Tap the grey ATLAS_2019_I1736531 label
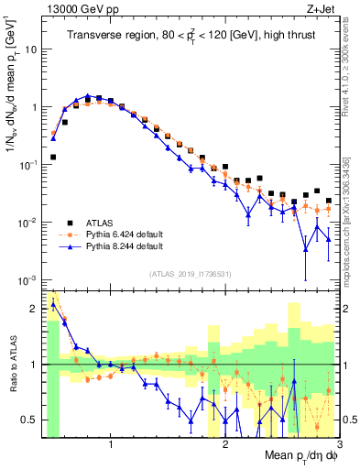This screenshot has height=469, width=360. click(191, 274)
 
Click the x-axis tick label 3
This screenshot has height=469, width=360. click(339, 446)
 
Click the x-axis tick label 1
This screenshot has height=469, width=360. click(111, 446)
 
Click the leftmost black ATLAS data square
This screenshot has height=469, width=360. click(53, 157)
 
